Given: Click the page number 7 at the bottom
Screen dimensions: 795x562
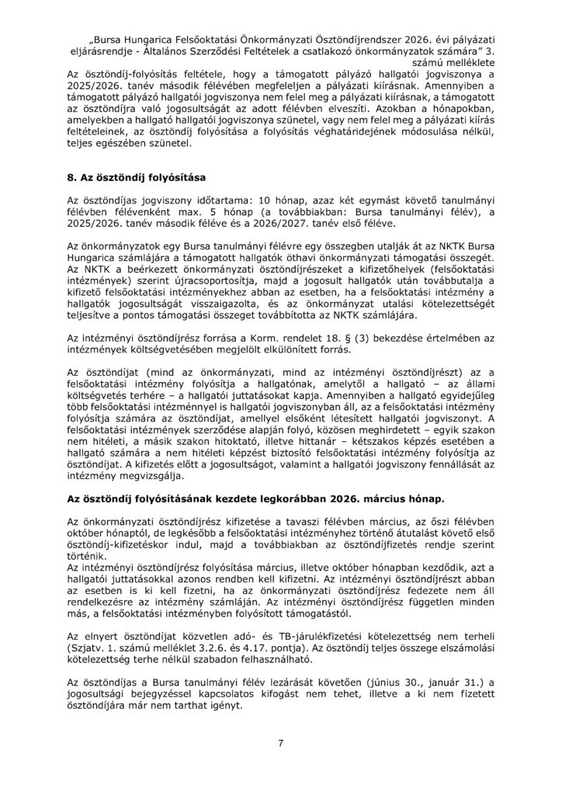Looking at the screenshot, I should pyautogui.click(x=281, y=743).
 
